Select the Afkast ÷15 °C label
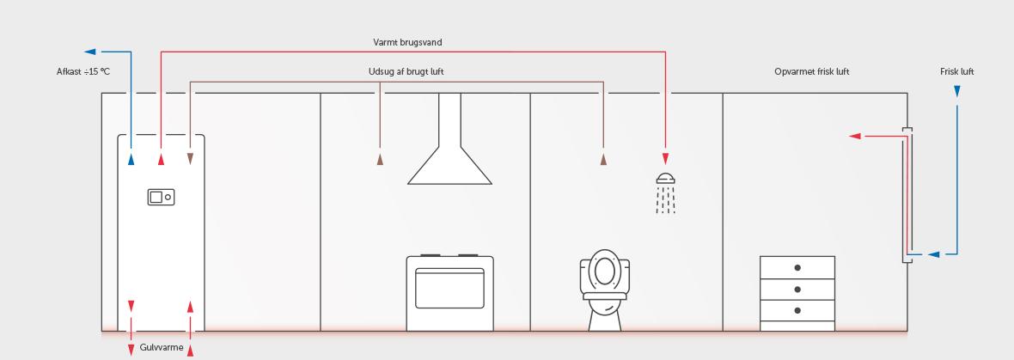(x=83, y=71)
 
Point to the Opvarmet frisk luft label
(x=811, y=71)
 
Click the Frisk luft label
(x=956, y=71)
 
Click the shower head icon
(x=665, y=179)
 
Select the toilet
(x=607, y=292)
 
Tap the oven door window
(x=449, y=292)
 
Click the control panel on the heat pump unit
(x=161, y=197)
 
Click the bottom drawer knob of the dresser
(x=797, y=310)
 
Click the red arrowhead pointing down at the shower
(x=665, y=158)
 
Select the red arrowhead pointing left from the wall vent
(x=855, y=136)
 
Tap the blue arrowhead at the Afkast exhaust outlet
(x=90, y=52)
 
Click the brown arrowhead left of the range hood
(x=380, y=159)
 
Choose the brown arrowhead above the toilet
(x=603, y=159)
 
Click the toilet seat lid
(x=607, y=270)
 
